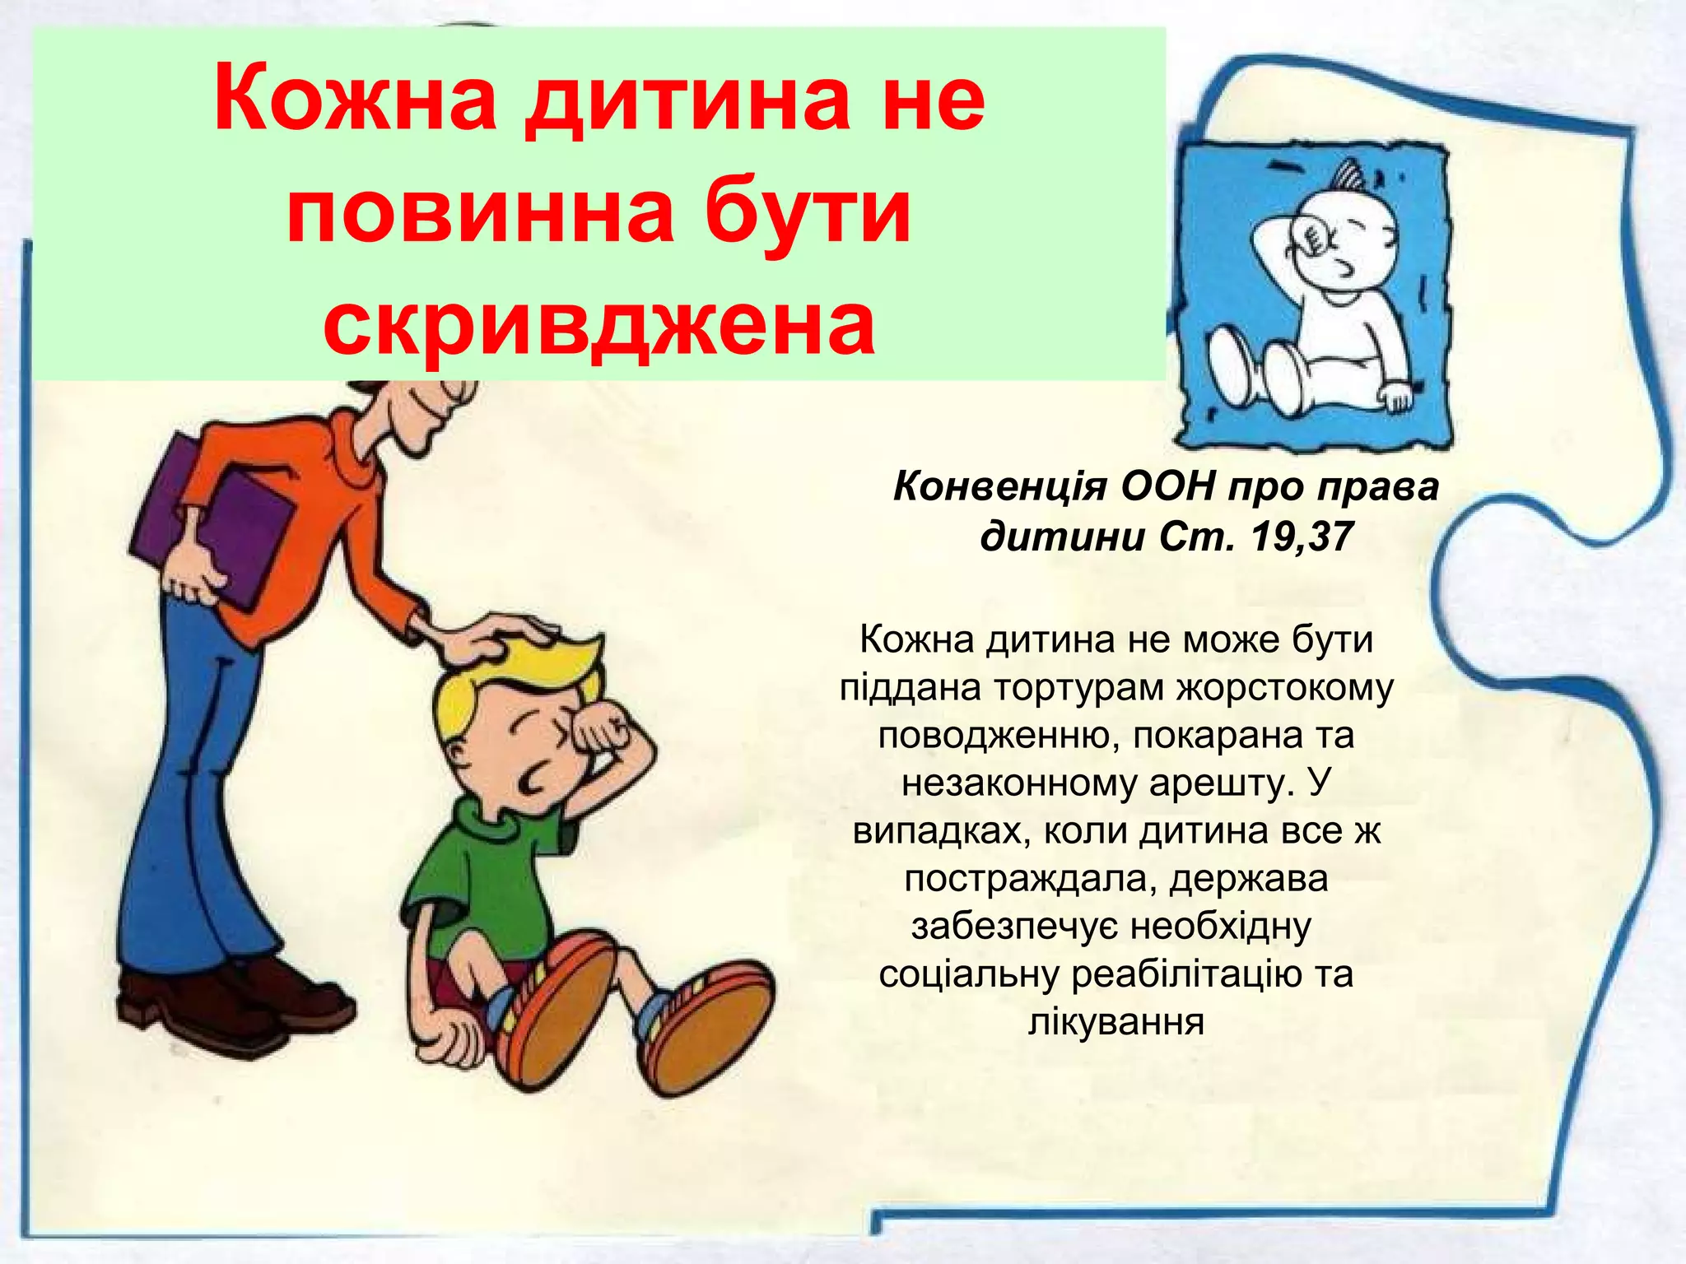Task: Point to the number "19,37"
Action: tap(1301, 537)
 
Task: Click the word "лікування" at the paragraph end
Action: tap(1116, 1023)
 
